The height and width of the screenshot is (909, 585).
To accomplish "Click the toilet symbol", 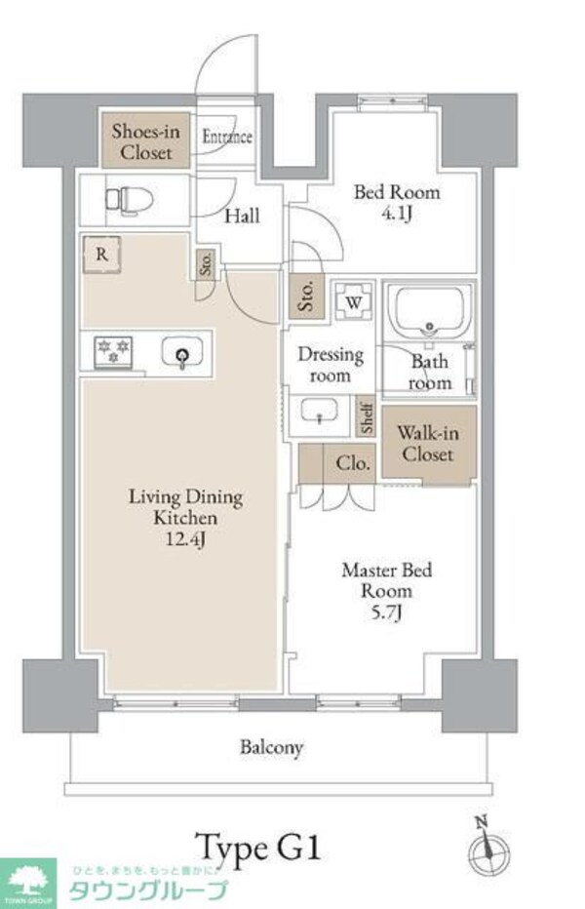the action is point(130,201).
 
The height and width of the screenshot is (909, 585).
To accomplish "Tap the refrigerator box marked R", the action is point(102,254).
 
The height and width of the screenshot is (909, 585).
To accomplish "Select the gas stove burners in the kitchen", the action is point(113,351).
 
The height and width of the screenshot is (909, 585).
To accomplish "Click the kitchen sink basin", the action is point(182,352).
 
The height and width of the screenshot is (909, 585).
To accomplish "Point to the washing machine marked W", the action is point(354,300).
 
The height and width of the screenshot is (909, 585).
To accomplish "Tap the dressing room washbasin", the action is point(319,411).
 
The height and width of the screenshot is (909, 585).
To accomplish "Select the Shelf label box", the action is point(366,416).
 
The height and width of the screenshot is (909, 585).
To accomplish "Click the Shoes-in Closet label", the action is point(145,142).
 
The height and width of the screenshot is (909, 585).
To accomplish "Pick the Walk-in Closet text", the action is point(428,444).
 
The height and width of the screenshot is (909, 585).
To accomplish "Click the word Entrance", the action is point(227,137).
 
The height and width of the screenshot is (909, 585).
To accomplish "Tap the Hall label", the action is point(242,217).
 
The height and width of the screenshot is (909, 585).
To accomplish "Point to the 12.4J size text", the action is point(185,539).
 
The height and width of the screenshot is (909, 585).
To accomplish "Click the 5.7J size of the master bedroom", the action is point(387,613).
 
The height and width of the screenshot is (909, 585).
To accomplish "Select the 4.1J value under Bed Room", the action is point(397,214).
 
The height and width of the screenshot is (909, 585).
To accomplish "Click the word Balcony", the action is point(271,747).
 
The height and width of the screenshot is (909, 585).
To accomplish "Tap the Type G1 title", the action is point(257,849).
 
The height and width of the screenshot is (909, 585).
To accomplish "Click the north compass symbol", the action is point(488,849).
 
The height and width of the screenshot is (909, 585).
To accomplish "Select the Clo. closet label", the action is point(352,463).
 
